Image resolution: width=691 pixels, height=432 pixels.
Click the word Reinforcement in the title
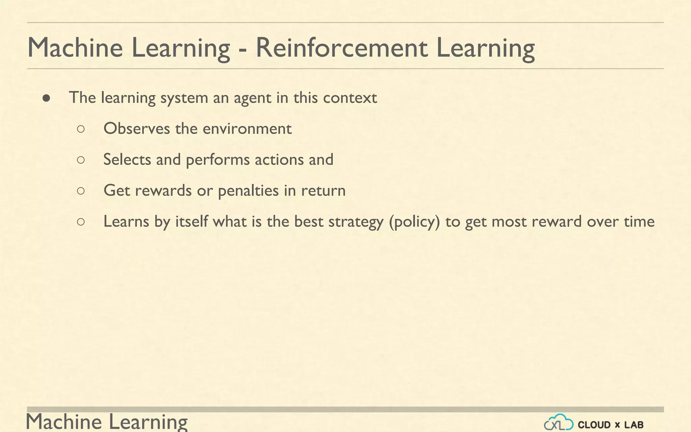(341, 48)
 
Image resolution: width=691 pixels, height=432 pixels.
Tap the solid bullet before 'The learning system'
(47, 98)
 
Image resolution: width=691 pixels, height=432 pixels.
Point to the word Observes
(137, 129)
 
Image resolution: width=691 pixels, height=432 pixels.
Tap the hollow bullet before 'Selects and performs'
(81, 160)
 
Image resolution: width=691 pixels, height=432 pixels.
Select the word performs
(218, 160)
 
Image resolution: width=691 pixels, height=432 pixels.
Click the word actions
(279, 159)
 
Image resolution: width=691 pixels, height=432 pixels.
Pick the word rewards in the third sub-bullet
(163, 191)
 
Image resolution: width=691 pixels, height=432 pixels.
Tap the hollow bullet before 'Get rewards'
(81, 191)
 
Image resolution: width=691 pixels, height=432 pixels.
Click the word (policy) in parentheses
(414, 222)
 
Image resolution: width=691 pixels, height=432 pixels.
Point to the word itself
(191, 221)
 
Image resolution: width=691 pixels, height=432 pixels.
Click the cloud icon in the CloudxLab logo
(558, 423)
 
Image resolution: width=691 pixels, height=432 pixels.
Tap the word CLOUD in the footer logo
(594, 425)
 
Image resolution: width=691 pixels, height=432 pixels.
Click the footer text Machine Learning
(107, 422)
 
